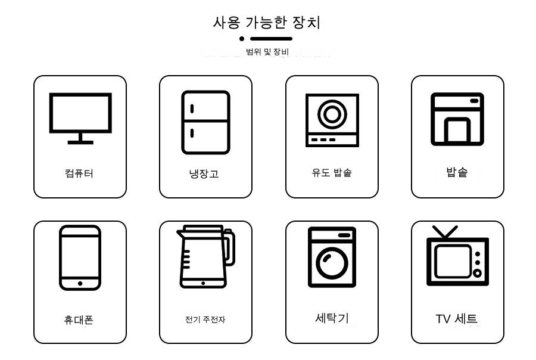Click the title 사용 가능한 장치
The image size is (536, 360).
tap(267, 23)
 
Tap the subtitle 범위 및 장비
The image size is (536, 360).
tap(267, 52)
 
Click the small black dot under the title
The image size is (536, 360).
tap(242, 39)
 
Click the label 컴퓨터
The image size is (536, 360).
tap(79, 173)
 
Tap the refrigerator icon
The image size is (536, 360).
tap(205, 122)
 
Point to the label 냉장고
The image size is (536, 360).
tap(204, 173)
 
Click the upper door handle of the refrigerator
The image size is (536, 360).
tap(192, 108)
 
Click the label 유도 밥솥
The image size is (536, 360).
tap(332, 172)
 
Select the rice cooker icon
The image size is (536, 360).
tap(457, 119)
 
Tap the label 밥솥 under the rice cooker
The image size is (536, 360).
tap(457, 172)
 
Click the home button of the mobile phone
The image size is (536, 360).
tap(80, 283)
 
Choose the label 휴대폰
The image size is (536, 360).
tap(79, 319)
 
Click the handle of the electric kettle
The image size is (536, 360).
tap(229, 247)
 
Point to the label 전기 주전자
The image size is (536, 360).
tap(205, 319)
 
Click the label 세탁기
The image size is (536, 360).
tap(332, 318)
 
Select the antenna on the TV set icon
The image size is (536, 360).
tap(445, 232)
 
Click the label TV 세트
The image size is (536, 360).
tap(456, 319)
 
